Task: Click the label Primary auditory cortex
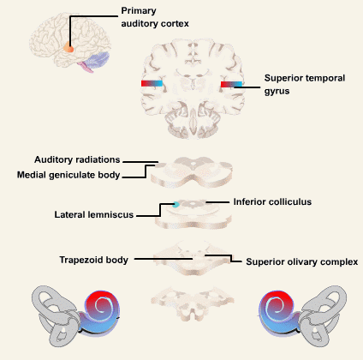coord(155,17)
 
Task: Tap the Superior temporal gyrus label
coord(305,84)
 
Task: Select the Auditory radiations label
coord(77,159)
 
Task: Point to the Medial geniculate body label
coord(68,175)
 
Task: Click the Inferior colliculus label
coord(272,201)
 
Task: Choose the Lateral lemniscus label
coord(94,214)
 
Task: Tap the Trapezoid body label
coord(93,260)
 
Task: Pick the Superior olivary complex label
coord(302,262)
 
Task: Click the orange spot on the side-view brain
coord(68,47)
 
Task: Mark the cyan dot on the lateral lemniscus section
coord(176,204)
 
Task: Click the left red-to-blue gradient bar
coord(152,83)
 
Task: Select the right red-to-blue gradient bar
coord(231,84)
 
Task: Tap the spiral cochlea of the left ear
coord(101,311)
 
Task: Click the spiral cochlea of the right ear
coord(278,311)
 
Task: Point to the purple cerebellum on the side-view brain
coord(98,60)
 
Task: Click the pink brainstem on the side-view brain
coord(86,67)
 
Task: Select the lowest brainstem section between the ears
coord(193,303)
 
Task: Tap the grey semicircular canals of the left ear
coord(53,315)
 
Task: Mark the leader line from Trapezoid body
coord(164,259)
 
